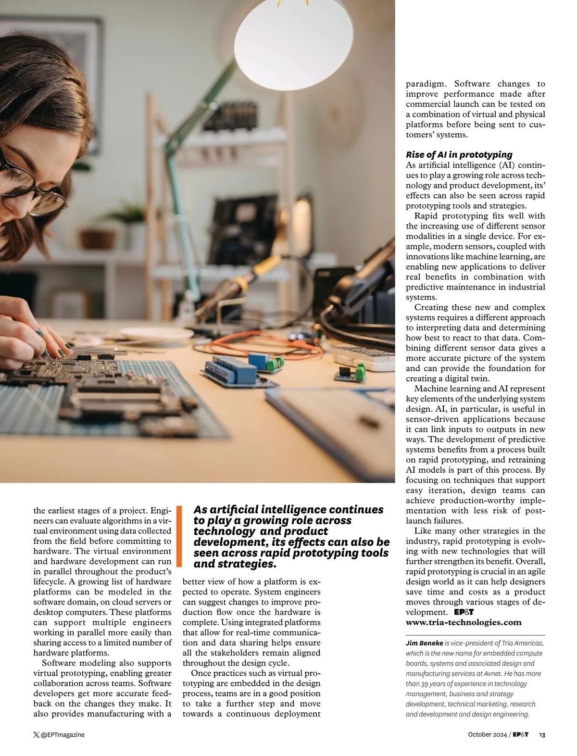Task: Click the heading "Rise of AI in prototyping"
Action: coord(459,154)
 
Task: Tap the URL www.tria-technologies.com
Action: coord(464,622)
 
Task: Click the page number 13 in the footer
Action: coord(542,735)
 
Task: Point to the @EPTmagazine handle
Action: coord(63,735)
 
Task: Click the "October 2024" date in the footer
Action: coord(487,735)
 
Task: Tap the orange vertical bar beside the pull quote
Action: coord(179,536)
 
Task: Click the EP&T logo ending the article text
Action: coord(464,612)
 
